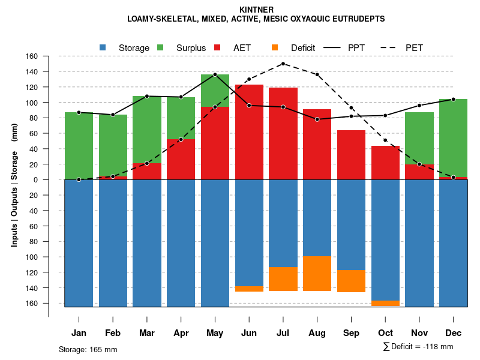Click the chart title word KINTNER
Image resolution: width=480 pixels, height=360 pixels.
point(256,10)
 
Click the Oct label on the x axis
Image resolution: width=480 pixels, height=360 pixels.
point(385,333)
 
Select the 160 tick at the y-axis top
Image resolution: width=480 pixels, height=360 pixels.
point(31,56)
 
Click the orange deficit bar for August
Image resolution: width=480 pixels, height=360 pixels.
point(317,274)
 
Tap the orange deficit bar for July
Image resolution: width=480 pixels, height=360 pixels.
point(283,279)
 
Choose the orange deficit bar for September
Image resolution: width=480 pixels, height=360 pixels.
point(351,281)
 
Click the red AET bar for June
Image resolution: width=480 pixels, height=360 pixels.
point(249,132)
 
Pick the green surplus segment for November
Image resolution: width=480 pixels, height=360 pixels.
point(419,138)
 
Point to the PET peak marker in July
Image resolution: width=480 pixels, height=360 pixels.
point(283,64)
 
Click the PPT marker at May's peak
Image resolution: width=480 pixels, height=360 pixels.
point(215,74)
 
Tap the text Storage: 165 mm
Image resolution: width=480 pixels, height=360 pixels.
point(88,349)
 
